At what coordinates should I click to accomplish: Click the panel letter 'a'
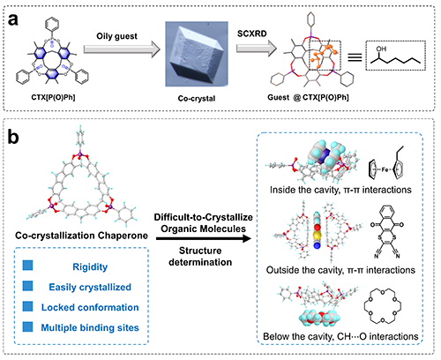(x=13, y=20)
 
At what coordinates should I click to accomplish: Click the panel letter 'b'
(x=13, y=137)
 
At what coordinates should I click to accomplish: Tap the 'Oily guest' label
(x=116, y=36)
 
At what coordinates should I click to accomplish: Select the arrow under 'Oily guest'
(x=122, y=49)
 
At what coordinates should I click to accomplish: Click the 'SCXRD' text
(x=251, y=34)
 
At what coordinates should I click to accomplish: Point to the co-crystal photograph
(x=197, y=54)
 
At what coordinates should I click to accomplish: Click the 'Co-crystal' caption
(x=197, y=98)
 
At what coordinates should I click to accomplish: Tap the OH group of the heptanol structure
(x=381, y=49)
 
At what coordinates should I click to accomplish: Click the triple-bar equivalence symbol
(x=355, y=56)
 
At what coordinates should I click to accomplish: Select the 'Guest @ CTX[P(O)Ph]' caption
(x=308, y=97)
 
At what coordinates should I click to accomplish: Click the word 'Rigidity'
(x=90, y=266)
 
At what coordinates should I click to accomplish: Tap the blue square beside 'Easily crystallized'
(x=28, y=286)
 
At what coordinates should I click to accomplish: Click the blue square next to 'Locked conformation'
(x=28, y=306)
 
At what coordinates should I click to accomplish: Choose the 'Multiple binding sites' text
(x=90, y=327)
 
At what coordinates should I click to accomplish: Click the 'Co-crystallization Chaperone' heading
(x=81, y=236)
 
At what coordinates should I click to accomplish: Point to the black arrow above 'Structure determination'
(x=204, y=238)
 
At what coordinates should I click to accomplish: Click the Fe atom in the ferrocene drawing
(x=385, y=169)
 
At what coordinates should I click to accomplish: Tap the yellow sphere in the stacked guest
(x=317, y=236)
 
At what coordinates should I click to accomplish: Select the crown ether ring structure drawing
(x=382, y=306)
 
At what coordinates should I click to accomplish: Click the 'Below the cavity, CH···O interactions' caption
(x=340, y=336)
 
